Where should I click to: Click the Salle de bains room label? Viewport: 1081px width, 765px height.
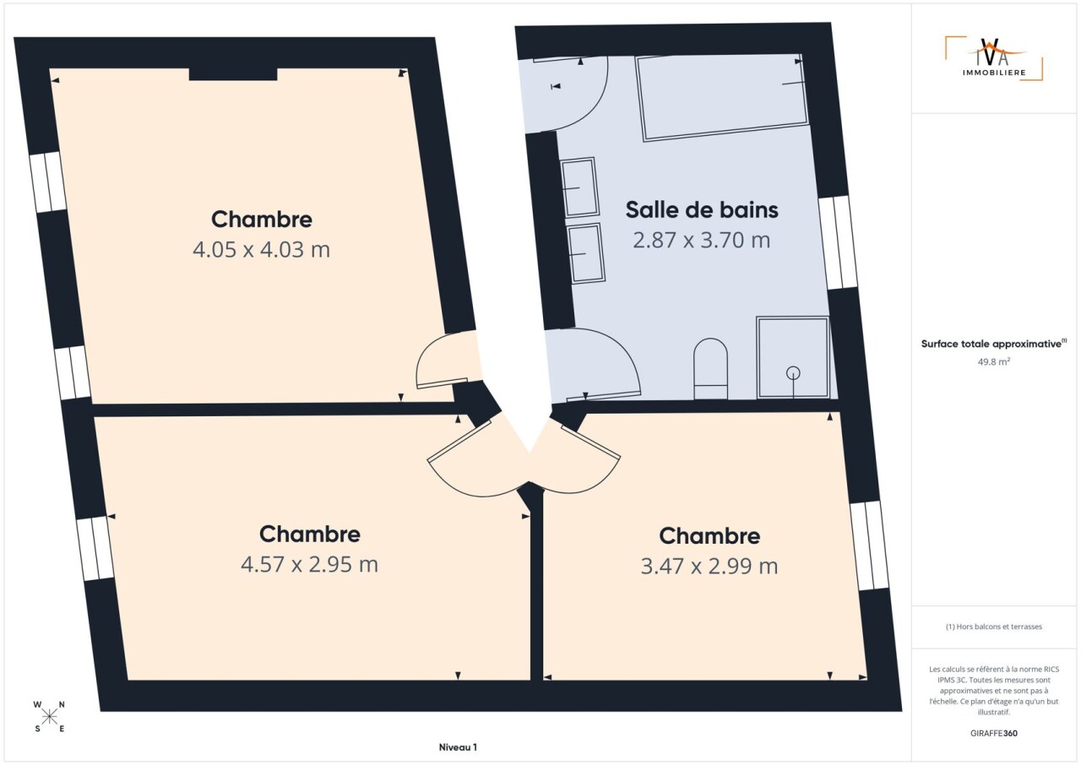(x=702, y=209)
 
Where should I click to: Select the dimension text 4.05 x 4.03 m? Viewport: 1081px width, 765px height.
(x=261, y=250)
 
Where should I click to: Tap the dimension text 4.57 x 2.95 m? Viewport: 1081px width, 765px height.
(x=309, y=564)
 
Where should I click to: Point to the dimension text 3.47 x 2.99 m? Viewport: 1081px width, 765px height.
(x=709, y=567)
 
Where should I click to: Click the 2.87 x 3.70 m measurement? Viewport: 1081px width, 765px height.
(x=701, y=240)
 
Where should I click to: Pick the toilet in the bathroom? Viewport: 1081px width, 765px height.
(x=710, y=368)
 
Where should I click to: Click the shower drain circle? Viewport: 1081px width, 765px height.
(x=793, y=373)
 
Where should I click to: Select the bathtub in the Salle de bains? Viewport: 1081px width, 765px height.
(x=722, y=98)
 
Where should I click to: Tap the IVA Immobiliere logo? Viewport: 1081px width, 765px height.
(x=994, y=59)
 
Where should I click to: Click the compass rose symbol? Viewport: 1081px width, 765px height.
(x=49, y=717)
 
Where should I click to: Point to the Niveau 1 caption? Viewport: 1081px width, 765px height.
(x=458, y=747)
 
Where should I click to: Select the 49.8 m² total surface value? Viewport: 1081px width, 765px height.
(x=994, y=361)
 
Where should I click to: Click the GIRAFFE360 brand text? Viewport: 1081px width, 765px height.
(x=994, y=733)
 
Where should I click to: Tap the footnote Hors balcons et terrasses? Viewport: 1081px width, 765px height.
(x=994, y=627)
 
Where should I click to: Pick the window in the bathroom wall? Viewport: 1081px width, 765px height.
(x=838, y=243)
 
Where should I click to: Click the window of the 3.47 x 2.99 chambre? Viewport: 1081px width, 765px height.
(x=869, y=545)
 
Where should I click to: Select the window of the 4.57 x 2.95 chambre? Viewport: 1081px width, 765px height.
(x=95, y=549)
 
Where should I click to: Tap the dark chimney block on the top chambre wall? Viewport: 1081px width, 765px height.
(x=233, y=74)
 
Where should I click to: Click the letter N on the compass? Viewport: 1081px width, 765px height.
(x=62, y=705)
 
